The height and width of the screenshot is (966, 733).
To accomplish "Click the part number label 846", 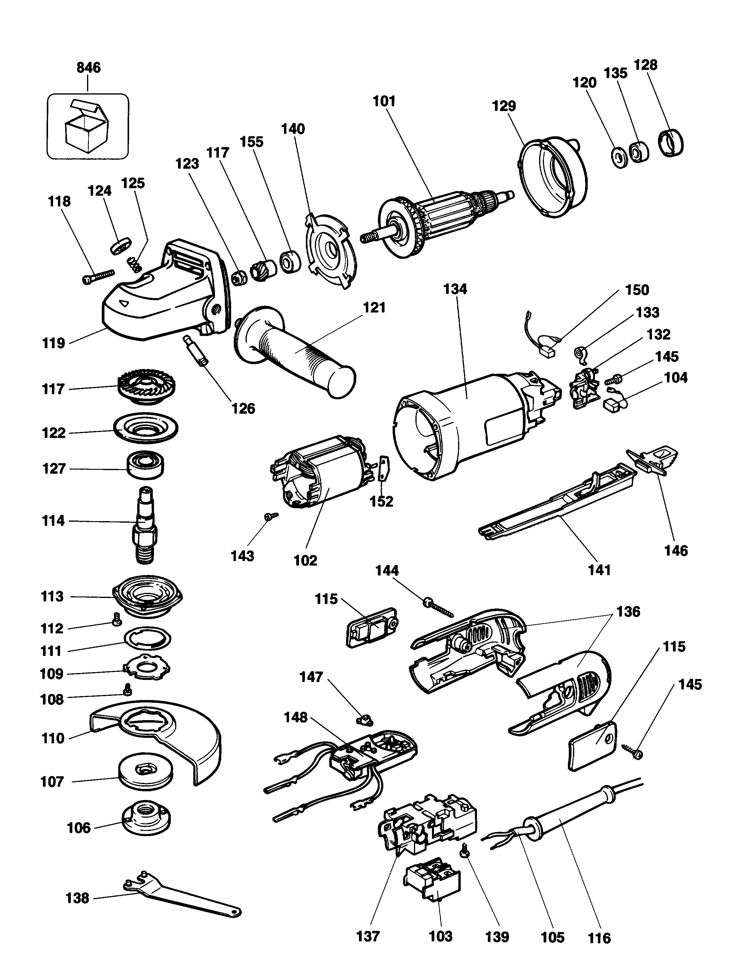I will [89, 68].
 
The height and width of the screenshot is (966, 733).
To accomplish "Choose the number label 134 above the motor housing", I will [455, 289].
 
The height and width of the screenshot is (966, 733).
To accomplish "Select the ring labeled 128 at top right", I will [670, 143].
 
